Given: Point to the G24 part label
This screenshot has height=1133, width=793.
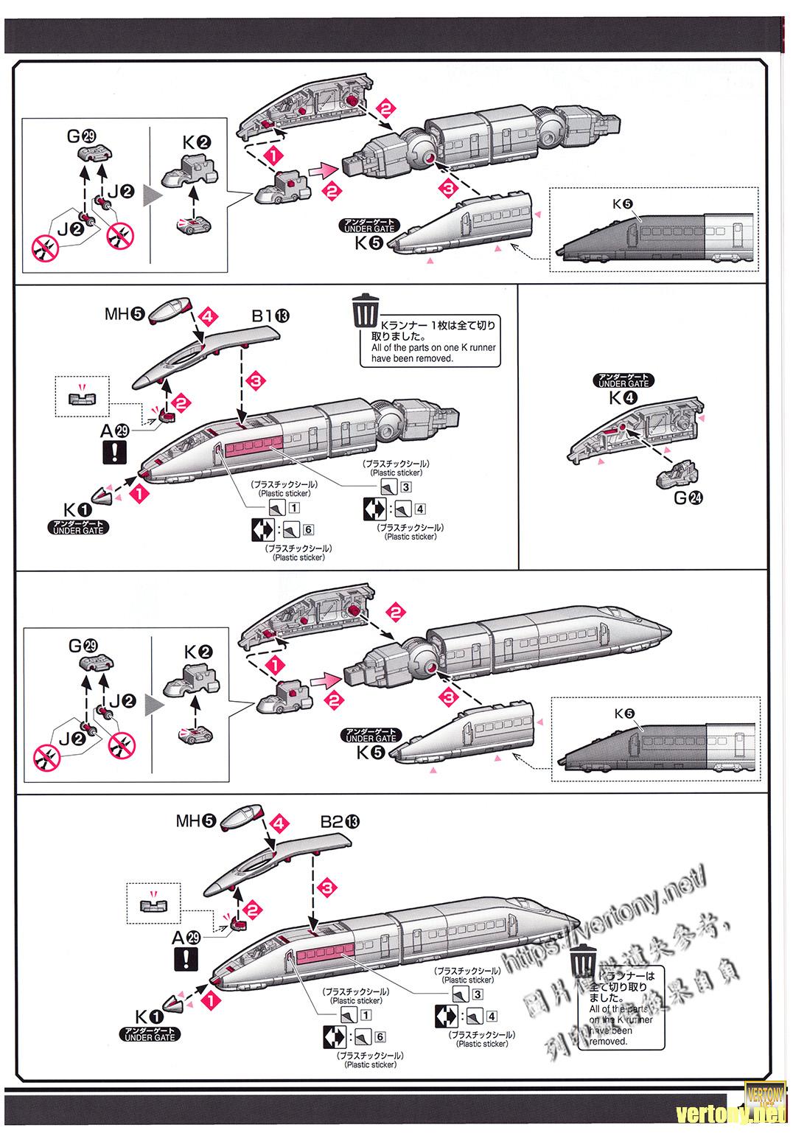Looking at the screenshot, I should [688, 498].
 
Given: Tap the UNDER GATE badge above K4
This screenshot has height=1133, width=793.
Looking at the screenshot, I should [623, 380].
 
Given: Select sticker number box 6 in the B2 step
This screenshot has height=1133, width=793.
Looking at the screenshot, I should [380, 1037].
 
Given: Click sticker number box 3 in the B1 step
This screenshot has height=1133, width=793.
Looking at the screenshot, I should [406, 487].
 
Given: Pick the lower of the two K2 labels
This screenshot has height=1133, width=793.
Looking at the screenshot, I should [198, 652].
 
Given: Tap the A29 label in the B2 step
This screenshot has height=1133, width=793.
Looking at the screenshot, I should [186, 938].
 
